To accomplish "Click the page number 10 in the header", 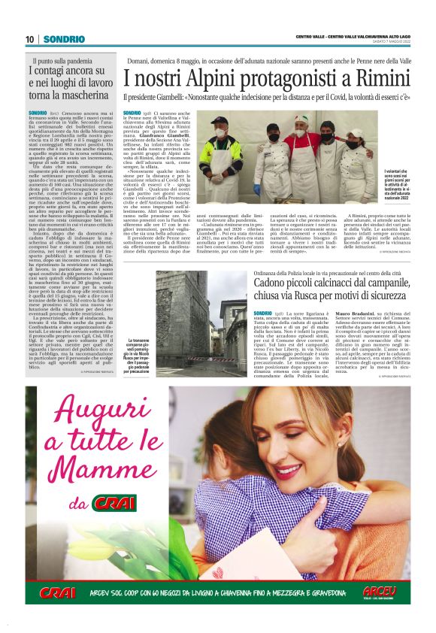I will point(30,39).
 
